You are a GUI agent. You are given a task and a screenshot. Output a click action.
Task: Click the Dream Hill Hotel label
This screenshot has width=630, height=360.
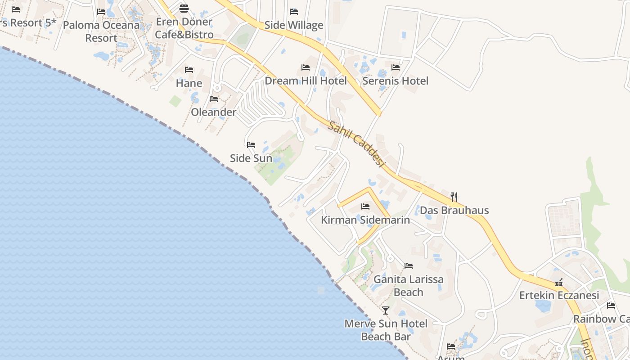point(306,81)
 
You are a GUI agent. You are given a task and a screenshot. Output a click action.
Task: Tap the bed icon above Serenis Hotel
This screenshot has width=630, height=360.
point(396,67)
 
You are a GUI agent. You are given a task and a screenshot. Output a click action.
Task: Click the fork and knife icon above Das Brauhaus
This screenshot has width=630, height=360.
point(454,197)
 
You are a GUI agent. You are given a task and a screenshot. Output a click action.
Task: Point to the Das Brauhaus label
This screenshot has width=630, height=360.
point(454,210)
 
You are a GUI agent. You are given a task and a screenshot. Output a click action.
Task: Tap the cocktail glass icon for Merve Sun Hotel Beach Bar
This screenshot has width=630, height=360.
point(386,310)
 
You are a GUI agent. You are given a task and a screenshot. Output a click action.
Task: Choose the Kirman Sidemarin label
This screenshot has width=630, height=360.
point(365,220)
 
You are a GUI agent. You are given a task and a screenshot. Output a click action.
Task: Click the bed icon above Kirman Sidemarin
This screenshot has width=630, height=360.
point(365,207)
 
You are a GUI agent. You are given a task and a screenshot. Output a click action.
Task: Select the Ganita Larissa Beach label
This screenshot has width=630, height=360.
point(409,286)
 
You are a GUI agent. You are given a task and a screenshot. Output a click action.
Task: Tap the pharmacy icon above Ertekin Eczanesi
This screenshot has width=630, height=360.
point(559,283)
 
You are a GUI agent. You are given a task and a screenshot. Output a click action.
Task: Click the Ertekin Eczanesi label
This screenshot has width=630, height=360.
point(559,296)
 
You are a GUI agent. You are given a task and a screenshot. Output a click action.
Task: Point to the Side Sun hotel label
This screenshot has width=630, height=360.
point(251,158)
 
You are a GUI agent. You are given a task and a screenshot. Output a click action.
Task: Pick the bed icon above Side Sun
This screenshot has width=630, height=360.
point(251,145)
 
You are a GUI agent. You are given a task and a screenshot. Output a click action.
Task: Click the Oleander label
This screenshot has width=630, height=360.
point(214,112)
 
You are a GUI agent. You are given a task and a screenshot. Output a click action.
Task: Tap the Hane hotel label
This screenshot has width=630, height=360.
point(189,83)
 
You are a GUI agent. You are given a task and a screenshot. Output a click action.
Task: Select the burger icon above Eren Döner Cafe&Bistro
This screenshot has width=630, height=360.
point(184,8)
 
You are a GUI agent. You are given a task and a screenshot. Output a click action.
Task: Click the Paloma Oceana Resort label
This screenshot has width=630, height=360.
point(101,31)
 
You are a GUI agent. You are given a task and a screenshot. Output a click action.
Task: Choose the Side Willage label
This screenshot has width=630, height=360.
point(294,25)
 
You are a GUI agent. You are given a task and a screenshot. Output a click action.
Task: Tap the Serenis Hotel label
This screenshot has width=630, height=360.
point(396,81)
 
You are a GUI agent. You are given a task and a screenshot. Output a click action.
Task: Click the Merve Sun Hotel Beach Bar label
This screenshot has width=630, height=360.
point(386,330)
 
